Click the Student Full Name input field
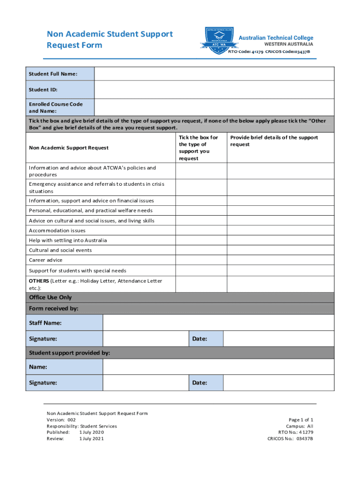(214, 74)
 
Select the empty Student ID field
(214, 90)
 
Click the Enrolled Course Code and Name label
(56, 108)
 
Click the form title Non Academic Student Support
(109, 34)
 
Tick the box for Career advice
(202, 260)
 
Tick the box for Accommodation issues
(202, 231)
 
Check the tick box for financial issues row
(202, 201)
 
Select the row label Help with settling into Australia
(68, 240)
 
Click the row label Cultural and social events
(60, 250)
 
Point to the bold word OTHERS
(39, 281)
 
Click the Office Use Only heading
(50, 298)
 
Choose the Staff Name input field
(218, 323)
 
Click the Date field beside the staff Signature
(278, 339)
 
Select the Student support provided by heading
(69, 353)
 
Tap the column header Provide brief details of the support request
(274, 141)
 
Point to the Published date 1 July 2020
(92, 433)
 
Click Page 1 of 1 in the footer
(301, 420)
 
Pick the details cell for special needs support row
(281, 270)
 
